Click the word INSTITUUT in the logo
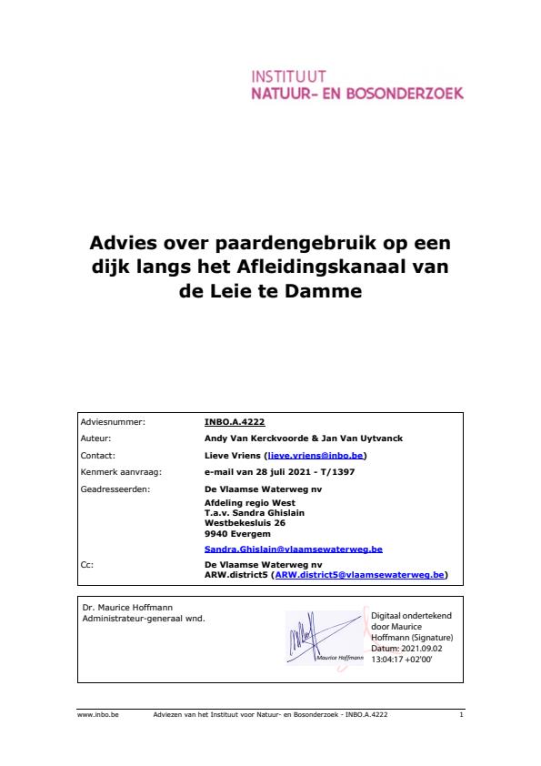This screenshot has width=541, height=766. pos(288,76)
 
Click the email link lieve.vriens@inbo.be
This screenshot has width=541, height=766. pos(316,455)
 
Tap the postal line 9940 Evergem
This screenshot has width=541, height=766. pos(232,534)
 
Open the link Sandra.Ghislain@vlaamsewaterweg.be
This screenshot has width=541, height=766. pos(293,549)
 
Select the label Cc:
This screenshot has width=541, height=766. pos(86,565)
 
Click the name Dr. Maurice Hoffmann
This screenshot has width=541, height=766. pos(120,607)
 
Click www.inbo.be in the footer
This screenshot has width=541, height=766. pos(92,716)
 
